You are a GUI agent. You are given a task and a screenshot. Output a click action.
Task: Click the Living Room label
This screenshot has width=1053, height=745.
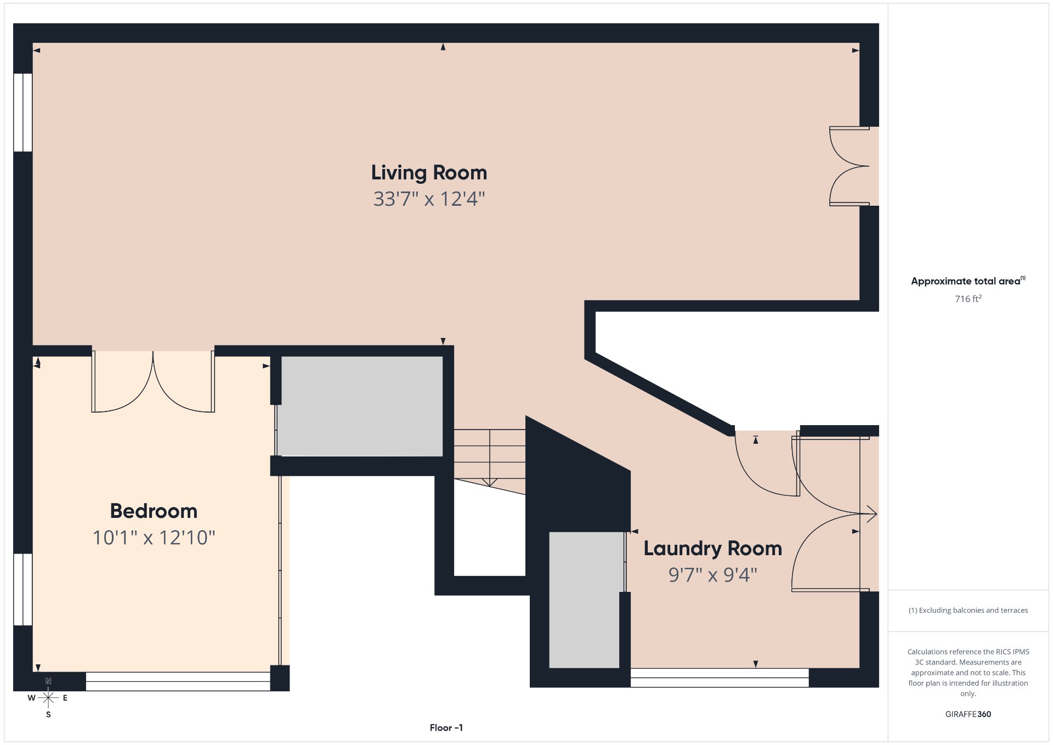(429, 173)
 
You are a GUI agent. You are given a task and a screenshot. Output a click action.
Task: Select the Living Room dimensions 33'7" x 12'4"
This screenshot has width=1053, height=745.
(429, 199)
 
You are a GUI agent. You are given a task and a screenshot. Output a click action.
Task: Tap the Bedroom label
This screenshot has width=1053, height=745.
(154, 511)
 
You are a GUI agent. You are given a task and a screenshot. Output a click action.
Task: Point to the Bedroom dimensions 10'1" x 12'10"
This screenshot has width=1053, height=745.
(154, 538)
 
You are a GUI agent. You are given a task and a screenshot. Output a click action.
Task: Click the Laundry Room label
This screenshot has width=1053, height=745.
(712, 549)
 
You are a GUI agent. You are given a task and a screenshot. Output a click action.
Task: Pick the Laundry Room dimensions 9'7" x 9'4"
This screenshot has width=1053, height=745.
(712, 575)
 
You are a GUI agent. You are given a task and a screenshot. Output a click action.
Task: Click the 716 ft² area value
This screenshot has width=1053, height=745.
(968, 298)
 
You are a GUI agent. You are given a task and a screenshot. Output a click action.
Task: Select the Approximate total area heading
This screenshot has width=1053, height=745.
(968, 281)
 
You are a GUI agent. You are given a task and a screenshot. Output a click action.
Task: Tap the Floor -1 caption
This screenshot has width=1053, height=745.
(446, 727)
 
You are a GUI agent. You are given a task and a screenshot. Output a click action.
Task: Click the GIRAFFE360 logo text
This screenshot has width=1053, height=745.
(968, 714)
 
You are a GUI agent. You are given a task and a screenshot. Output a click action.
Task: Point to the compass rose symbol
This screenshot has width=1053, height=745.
(48, 698)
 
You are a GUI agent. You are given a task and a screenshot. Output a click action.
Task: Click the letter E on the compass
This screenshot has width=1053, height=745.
(65, 698)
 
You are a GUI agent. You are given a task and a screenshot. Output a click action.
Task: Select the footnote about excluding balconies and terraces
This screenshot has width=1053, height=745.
(968, 610)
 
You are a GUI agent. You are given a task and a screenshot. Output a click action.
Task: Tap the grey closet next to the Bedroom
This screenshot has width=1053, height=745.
(361, 406)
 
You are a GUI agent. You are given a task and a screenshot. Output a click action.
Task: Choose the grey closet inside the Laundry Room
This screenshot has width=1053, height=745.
(584, 600)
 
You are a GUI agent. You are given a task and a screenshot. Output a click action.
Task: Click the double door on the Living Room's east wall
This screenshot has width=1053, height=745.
(850, 166)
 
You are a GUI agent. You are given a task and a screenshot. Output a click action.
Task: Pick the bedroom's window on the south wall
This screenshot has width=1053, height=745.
(178, 681)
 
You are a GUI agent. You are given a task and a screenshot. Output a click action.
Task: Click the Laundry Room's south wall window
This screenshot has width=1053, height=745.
(720, 678)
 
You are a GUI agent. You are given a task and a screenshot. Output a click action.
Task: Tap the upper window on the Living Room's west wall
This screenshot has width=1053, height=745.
(23, 112)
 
